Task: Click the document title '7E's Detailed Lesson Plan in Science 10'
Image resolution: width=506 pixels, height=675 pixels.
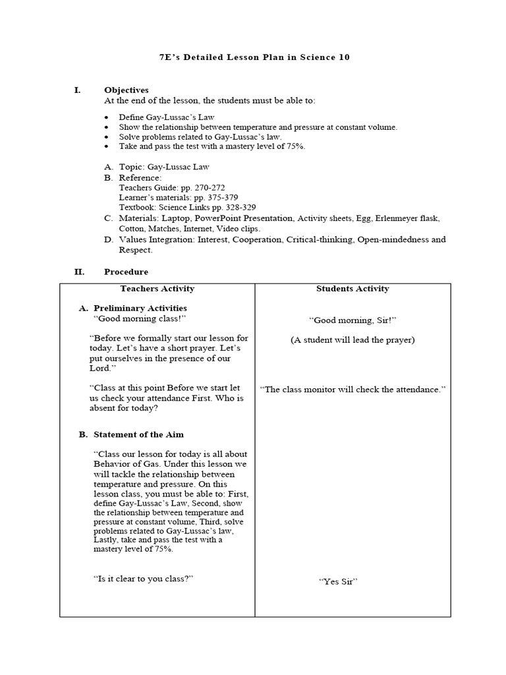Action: (x=254, y=57)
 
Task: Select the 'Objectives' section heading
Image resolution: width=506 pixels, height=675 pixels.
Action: (x=126, y=90)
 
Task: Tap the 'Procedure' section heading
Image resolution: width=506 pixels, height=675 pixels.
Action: (x=126, y=272)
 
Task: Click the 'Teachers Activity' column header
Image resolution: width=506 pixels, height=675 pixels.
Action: (x=157, y=289)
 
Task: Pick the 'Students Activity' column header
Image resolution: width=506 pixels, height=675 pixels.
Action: (x=352, y=289)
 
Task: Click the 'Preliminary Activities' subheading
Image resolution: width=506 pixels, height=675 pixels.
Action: (x=140, y=308)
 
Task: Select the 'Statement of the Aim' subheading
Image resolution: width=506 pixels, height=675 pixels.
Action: (x=138, y=434)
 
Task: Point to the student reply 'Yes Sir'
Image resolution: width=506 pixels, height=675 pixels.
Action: (x=337, y=581)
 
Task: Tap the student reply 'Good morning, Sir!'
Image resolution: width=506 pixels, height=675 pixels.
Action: (x=352, y=320)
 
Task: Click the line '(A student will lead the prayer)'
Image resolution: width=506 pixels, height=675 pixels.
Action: (x=352, y=340)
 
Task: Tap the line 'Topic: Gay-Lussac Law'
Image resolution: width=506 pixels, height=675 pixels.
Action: (x=163, y=167)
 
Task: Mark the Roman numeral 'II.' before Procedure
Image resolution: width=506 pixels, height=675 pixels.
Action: (x=78, y=272)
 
